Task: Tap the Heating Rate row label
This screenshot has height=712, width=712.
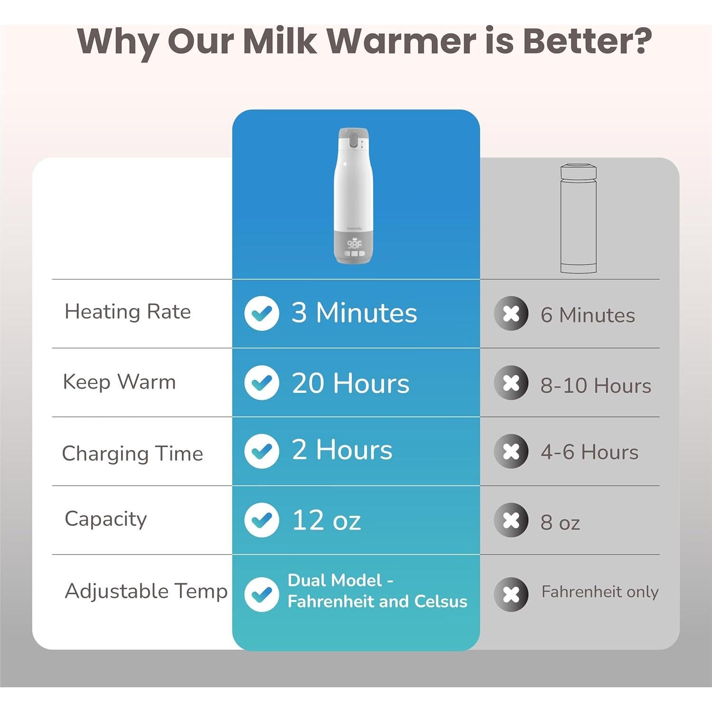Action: tap(128, 312)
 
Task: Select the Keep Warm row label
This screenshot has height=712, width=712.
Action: tap(119, 382)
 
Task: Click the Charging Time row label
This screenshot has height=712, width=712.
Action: tap(132, 453)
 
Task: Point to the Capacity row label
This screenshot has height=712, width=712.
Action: tap(106, 519)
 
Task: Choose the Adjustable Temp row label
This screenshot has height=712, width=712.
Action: tap(146, 591)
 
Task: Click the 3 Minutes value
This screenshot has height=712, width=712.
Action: tap(354, 313)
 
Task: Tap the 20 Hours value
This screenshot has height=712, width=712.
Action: tap(350, 383)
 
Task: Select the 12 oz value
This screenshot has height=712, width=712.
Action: tap(327, 520)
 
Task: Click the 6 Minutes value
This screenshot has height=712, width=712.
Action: tap(588, 315)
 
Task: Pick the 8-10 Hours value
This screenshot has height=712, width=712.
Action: tap(596, 385)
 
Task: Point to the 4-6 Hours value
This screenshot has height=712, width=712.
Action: tap(590, 452)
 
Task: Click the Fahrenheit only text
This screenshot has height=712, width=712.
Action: tap(600, 592)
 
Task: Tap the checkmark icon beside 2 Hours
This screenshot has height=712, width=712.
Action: tap(262, 451)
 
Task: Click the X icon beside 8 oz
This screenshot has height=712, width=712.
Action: tap(511, 520)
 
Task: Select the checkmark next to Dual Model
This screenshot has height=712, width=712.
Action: tap(262, 594)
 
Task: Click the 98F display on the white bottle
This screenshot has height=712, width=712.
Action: tap(354, 244)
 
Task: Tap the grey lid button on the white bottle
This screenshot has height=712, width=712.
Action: tap(354, 141)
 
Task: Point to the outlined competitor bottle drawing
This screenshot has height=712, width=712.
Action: tap(579, 219)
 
